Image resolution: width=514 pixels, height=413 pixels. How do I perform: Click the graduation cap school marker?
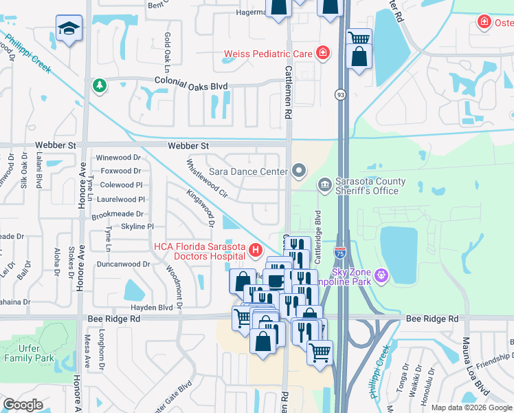[68, 28]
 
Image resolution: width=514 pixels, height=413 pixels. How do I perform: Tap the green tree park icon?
[100, 85]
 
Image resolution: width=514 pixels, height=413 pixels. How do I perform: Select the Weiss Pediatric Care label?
[267, 53]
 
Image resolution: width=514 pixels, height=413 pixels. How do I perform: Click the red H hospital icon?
[256, 250]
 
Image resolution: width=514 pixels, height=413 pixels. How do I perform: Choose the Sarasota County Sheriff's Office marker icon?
[324, 184]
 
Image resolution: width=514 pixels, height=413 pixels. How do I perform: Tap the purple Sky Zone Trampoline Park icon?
[382, 276]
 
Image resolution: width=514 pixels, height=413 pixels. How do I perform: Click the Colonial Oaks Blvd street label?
[182, 83]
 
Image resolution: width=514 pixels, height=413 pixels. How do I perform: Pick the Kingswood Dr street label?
[200, 209]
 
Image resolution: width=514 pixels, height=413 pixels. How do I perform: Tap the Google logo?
[23, 404]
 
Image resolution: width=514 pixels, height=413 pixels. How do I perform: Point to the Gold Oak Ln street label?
[166, 52]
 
